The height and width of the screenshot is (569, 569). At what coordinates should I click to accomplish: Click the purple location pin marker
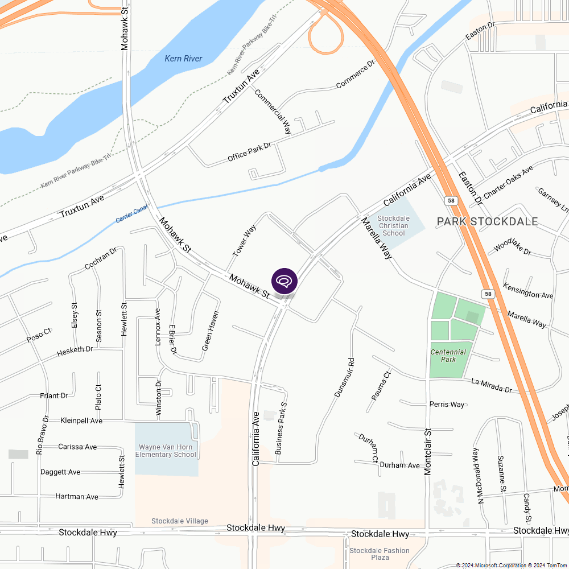284,281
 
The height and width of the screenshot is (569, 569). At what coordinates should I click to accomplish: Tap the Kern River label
183,59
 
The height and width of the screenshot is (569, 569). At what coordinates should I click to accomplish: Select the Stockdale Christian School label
394,226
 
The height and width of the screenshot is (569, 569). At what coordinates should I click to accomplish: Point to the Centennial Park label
448,356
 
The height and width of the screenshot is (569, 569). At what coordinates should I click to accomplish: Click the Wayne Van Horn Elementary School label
166,451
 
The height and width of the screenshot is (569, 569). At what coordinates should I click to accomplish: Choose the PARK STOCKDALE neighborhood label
487,221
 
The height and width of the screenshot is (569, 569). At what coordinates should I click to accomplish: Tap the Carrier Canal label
131,213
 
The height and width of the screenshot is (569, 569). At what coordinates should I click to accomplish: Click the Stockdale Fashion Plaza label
380,554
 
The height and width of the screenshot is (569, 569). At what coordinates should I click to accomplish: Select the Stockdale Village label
180,521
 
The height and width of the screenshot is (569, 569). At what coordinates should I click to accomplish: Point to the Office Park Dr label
249,152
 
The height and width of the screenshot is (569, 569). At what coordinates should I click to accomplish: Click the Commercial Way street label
273,112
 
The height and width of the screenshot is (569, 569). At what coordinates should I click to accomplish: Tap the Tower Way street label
245,240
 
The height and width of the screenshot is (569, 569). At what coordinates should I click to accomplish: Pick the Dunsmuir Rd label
344,377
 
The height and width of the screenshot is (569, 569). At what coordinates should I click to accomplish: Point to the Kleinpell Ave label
81,420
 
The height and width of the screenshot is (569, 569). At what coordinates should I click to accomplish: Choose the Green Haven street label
210,331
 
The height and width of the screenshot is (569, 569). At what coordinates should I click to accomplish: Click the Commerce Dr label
356,75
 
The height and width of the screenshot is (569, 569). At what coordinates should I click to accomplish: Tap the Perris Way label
447,405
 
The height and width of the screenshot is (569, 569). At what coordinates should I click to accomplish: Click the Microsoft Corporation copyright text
491,565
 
